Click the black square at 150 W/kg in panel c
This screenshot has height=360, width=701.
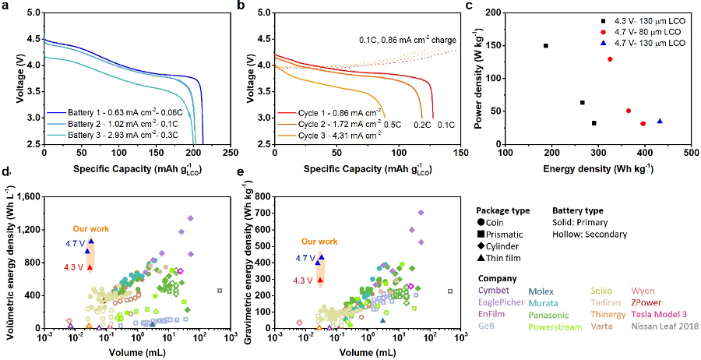(x=546, y=45)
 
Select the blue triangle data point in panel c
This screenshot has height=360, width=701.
(x=660, y=121)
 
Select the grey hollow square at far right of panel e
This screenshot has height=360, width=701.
(x=450, y=291)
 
